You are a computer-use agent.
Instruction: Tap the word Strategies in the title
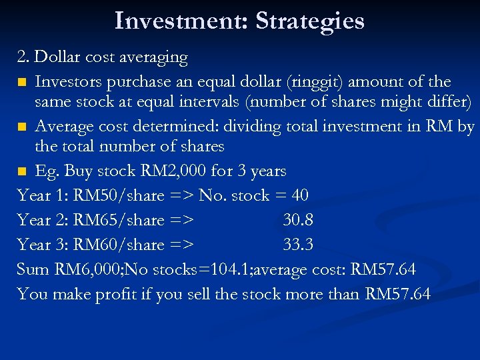coord(310,21)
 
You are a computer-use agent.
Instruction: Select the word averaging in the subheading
coord(154,57)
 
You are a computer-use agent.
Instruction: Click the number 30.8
coord(298,221)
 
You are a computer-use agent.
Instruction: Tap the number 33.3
coord(298,245)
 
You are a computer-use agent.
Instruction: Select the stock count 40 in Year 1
coord(299,196)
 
